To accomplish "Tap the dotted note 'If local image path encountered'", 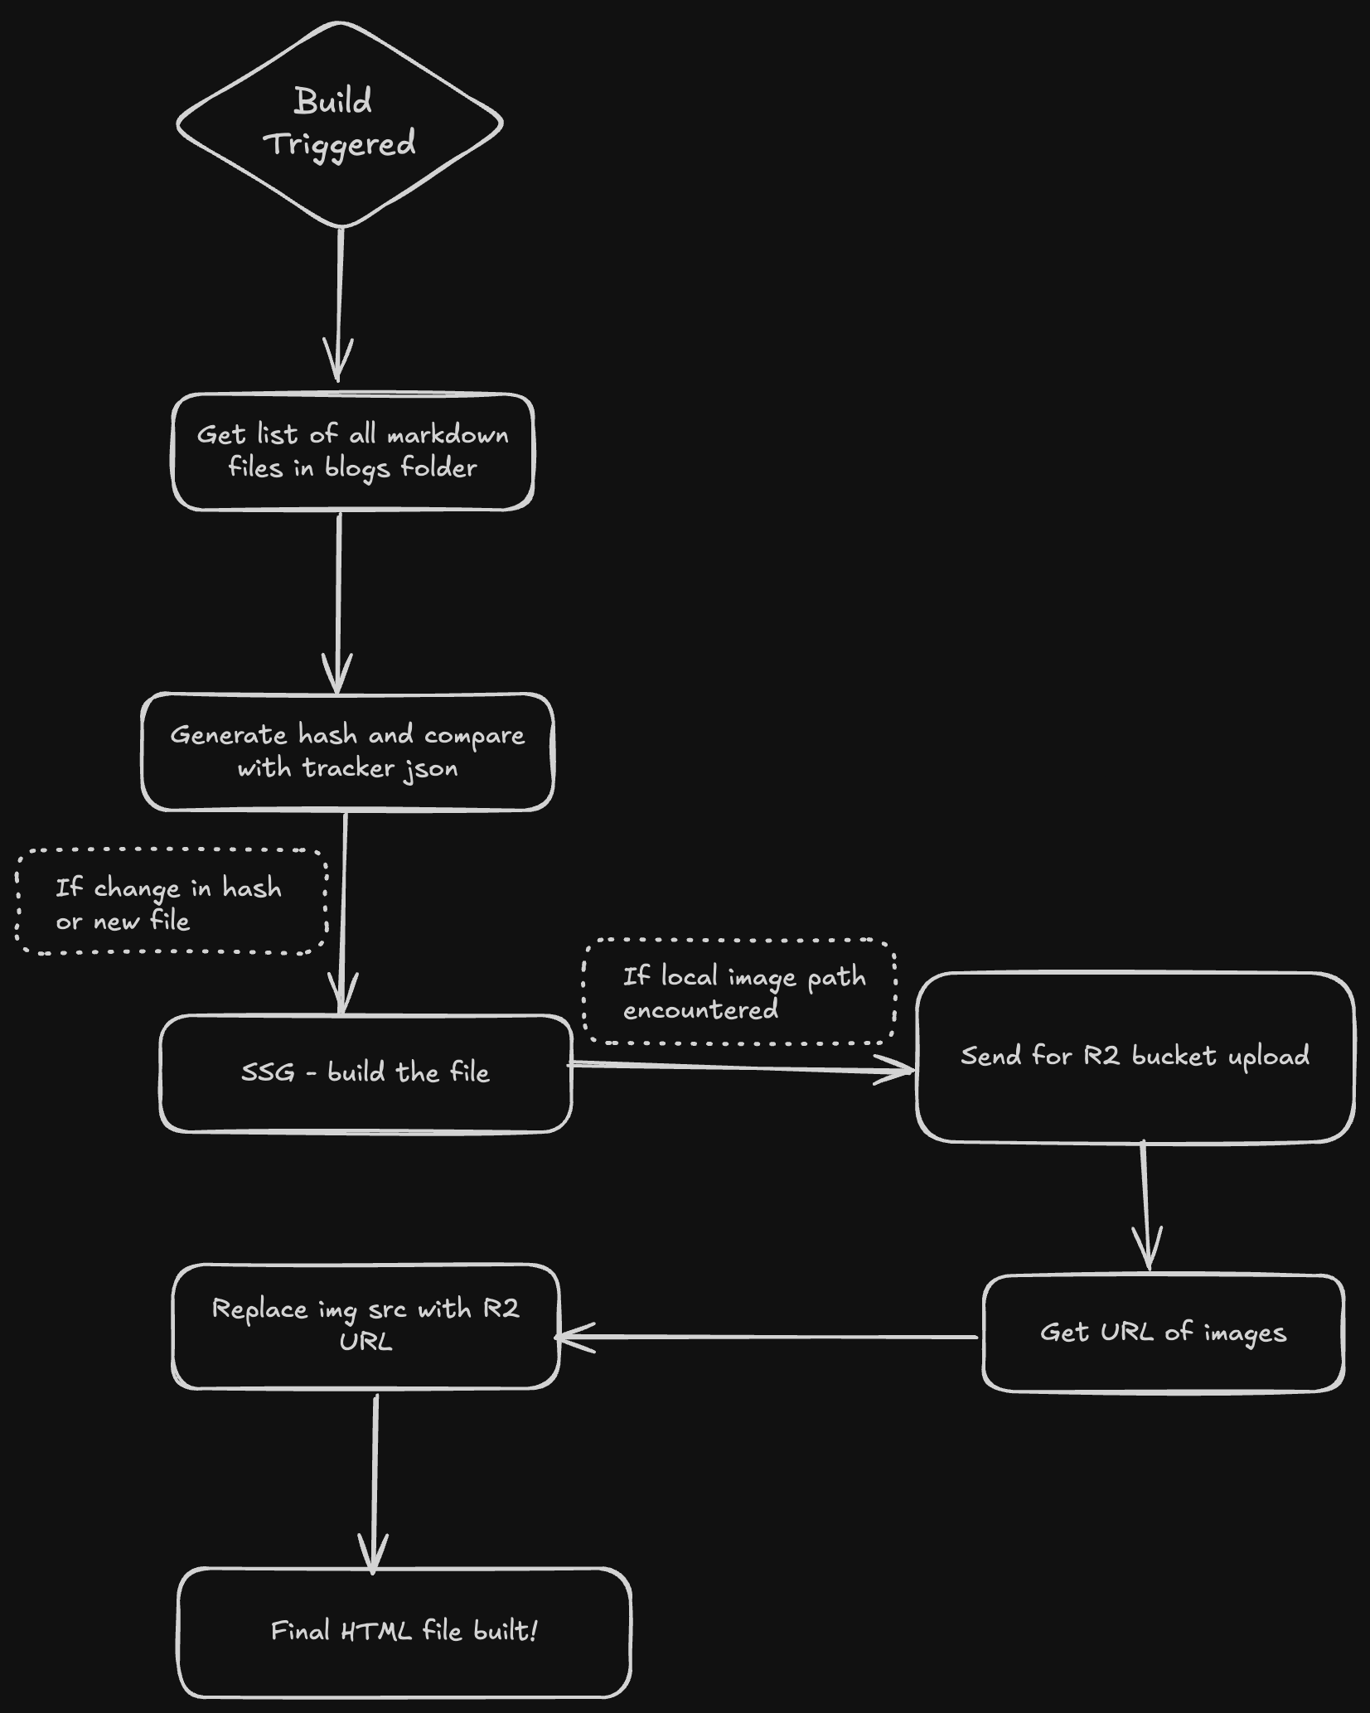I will coord(739,992).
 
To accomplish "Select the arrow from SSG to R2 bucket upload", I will coord(742,1067).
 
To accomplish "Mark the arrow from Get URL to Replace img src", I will coord(767,1336).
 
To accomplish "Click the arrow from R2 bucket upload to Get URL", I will coord(1145,1206).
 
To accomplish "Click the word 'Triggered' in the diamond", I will coord(340,145).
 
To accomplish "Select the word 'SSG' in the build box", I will coord(268,1072).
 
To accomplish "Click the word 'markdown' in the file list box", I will coord(448,435).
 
